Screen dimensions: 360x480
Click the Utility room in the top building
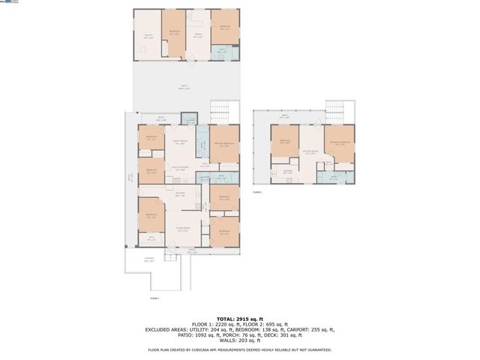147,35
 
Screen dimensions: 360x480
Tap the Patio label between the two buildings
184,87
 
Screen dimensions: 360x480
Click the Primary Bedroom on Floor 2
339,142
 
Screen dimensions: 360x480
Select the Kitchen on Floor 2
287,172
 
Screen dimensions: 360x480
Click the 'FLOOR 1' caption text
154,298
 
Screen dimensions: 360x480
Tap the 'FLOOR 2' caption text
257,192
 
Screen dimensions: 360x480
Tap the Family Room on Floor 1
181,142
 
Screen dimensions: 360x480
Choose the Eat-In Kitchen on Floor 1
180,168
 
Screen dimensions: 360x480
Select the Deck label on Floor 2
284,118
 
